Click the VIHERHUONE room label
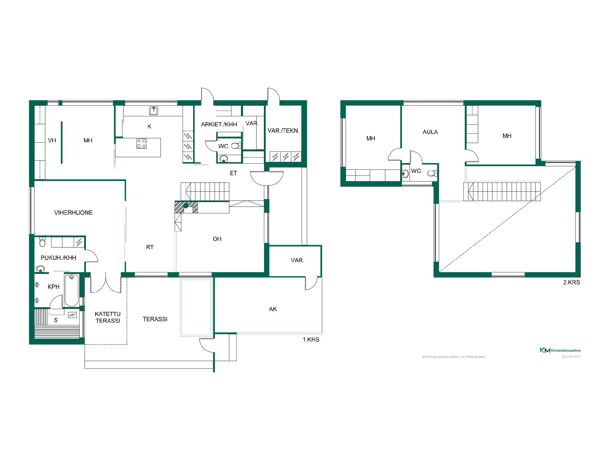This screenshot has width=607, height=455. [73, 213]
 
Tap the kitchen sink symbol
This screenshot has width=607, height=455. [154, 111]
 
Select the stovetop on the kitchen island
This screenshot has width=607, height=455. [141, 143]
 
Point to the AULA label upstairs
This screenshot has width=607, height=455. [430, 132]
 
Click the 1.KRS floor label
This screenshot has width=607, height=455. [311, 340]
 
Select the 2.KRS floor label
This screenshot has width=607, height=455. [572, 282]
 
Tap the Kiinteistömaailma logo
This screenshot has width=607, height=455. [560, 350]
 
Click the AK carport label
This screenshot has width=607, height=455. [273, 309]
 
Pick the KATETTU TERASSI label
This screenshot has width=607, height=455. [108, 317]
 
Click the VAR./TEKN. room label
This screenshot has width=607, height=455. [284, 130]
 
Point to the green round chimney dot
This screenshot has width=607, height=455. [186, 206]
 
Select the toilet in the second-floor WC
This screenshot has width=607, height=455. [432, 173]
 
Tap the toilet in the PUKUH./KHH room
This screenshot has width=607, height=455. [42, 242]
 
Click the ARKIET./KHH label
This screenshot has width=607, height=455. [219, 124]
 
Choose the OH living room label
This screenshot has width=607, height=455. [217, 239]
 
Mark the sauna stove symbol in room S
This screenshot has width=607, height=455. [73, 315]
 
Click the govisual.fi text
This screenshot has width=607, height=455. [571, 356]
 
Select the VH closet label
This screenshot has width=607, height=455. [52, 140]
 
